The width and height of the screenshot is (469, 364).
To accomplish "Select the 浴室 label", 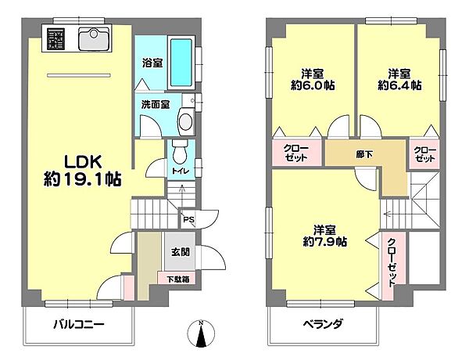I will [x=152, y=63].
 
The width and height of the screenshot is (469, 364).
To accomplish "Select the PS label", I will [x=188, y=220].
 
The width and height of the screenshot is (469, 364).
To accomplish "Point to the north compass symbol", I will [x=202, y=334].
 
